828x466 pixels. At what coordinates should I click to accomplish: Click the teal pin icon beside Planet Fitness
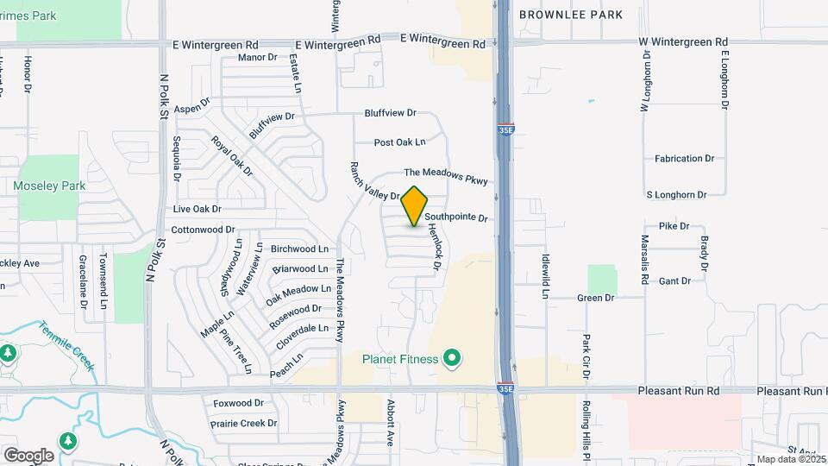click(x=450, y=357)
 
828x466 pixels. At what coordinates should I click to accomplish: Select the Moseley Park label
click(x=49, y=186)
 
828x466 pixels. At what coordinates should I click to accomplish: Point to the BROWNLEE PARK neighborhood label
click(x=570, y=15)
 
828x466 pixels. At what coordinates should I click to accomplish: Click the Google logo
click(x=28, y=455)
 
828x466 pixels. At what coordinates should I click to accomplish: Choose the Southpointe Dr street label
click(x=456, y=218)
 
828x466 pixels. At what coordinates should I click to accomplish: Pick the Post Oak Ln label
click(x=400, y=142)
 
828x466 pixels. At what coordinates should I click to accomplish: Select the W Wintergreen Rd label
click(x=683, y=41)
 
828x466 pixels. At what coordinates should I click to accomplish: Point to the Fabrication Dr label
click(x=685, y=159)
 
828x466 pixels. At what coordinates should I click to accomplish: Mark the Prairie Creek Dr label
click(x=245, y=424)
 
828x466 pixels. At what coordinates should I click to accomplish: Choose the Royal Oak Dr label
click(x=233, y=156)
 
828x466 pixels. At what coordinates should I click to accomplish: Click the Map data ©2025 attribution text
click(x=789, y=459)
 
